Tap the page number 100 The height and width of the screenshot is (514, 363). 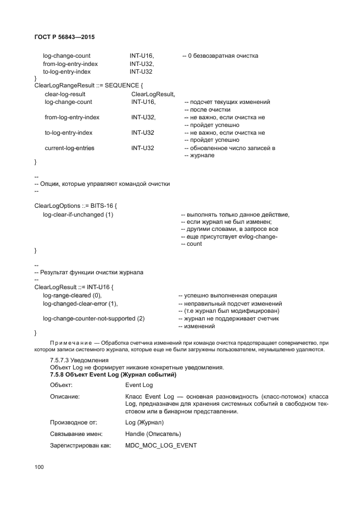click(x=39, y=467)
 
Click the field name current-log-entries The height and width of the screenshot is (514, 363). click(x=69, y=148)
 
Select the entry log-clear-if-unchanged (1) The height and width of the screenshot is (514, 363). click(x=78, y=214)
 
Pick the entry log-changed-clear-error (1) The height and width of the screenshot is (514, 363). click(x=80, y=303)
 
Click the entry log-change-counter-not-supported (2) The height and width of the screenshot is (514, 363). click(x=94, y=319)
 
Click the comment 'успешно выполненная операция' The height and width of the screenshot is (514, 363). click(x=227, y=296)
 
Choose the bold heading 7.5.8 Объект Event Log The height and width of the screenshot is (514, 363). click(x=113, y=375)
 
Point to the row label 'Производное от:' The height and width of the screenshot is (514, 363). click(x=73, y=422)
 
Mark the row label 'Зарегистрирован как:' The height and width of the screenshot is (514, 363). click(x=80, y=445)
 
